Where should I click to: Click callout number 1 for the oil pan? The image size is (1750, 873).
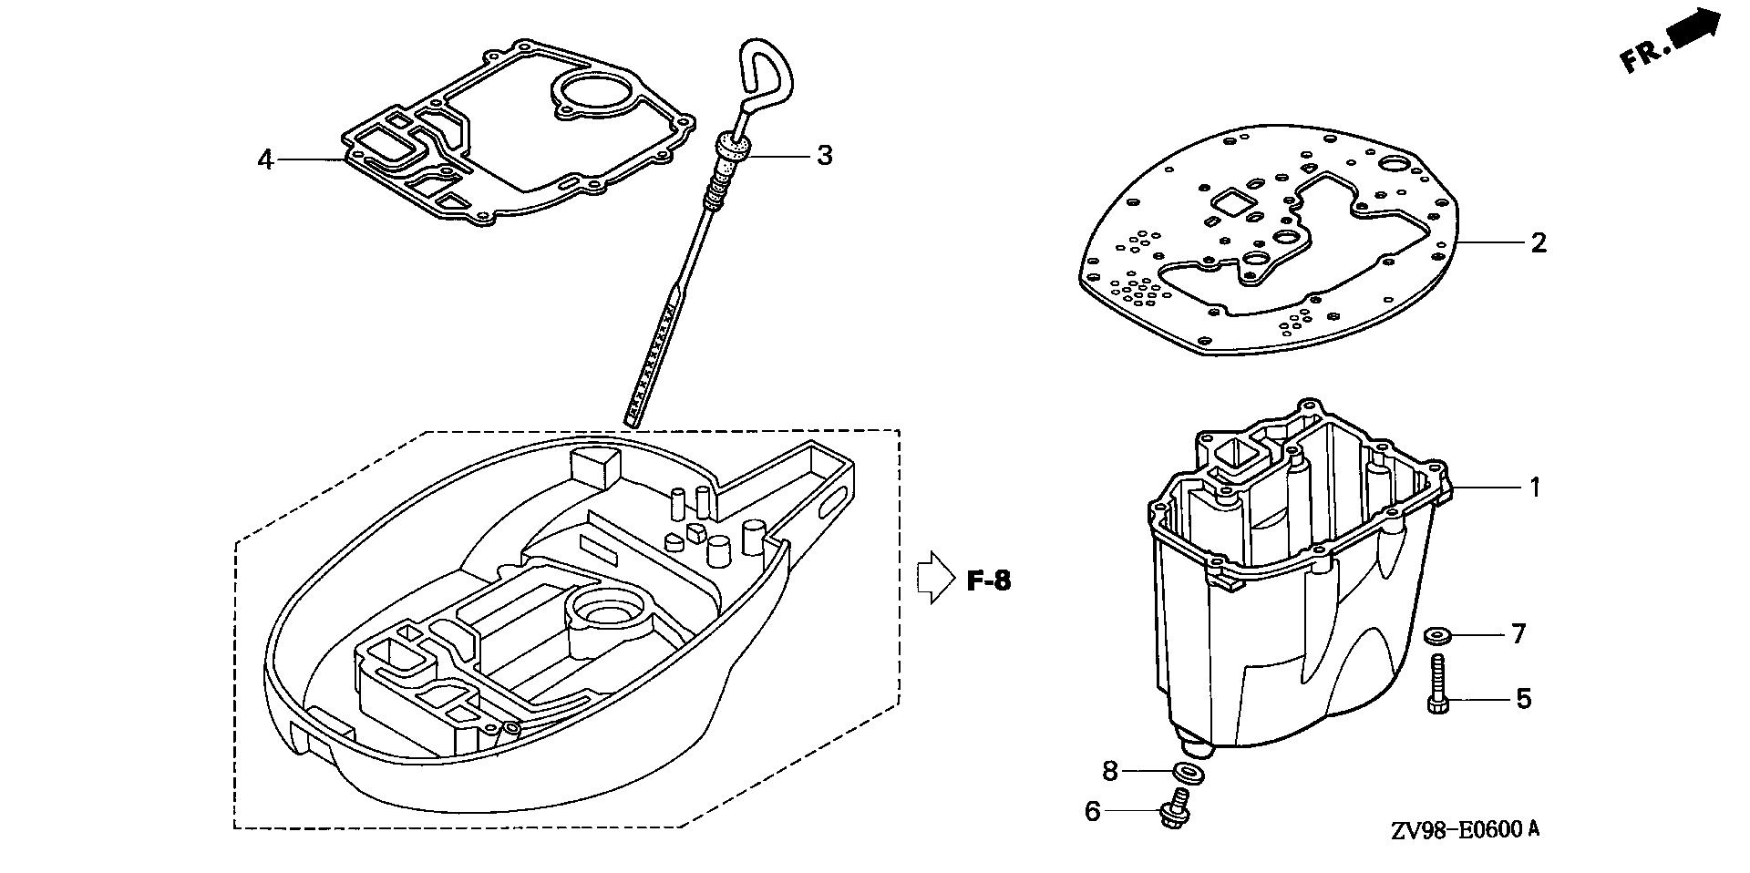[1535, 488]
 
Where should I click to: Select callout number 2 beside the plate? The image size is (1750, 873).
[1539, 242]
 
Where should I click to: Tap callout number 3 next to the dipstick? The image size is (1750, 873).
[824, 155]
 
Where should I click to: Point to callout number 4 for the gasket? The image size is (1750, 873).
[265, 160]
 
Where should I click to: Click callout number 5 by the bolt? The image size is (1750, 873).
[1523, 700]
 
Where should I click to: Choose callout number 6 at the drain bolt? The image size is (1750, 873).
[1093, 811]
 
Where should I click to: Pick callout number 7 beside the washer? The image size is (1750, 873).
[1518, 633]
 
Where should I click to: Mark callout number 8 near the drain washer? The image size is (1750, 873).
[1109, 771]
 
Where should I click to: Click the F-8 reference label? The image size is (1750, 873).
[988, 580]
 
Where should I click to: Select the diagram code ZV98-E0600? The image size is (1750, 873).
[1465, 830]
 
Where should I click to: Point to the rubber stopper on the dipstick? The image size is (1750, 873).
[732, 146]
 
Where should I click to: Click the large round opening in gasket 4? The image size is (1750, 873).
[592, 93]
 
